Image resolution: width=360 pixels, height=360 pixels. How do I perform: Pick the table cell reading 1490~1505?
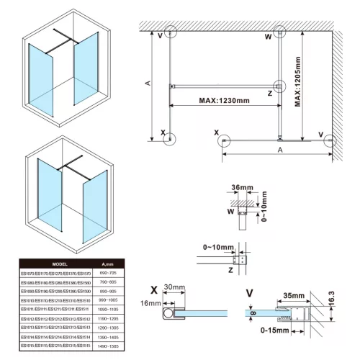[x=107, y=345]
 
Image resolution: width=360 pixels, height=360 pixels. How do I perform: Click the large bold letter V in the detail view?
[x=250, y=292]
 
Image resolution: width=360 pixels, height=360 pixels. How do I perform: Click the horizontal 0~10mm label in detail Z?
[x=217, y=248]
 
